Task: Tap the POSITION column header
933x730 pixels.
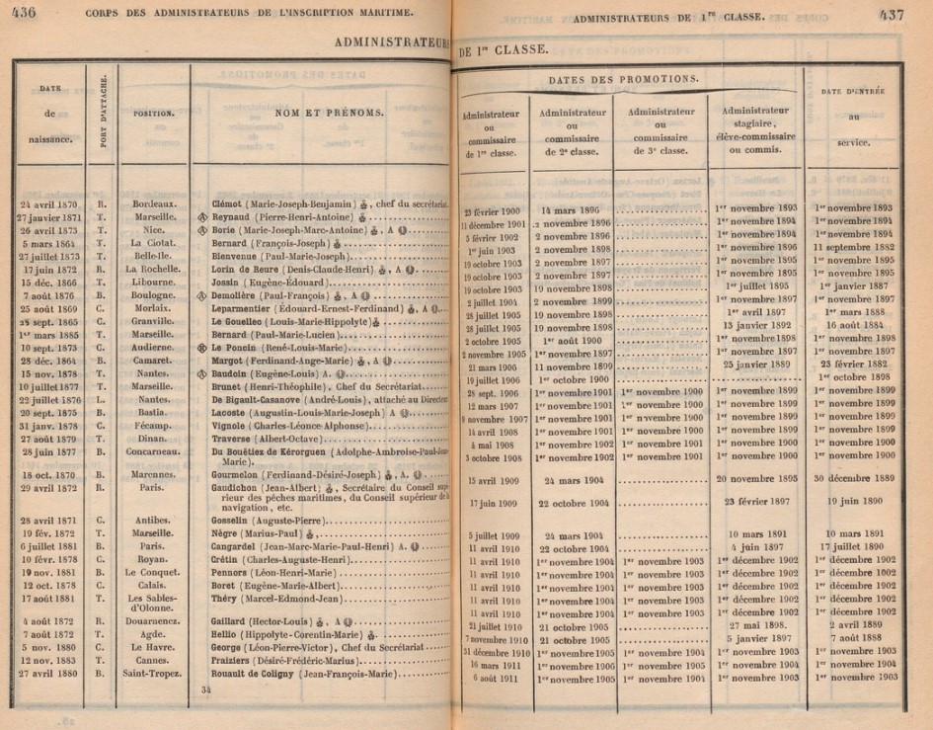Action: [154, 114]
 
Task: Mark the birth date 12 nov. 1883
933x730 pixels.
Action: [49, 660]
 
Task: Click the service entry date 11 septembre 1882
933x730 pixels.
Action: [855, 248]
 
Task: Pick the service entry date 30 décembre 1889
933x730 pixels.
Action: [855, 478]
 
